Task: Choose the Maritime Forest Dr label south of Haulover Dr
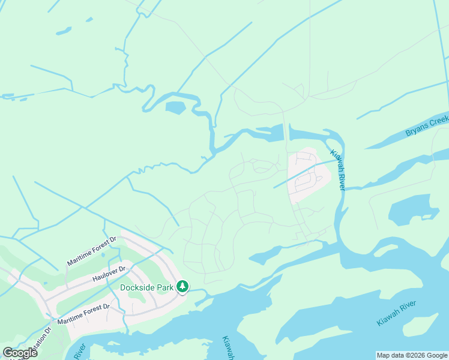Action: pos(83,314)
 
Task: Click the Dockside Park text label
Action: pos(146,287)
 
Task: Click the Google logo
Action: pos(20,353)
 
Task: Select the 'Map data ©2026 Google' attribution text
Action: pos(412,355)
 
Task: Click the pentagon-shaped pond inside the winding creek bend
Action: pos(175,109)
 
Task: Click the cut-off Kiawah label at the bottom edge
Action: pos(228,348)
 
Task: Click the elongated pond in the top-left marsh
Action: pos(64,31)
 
